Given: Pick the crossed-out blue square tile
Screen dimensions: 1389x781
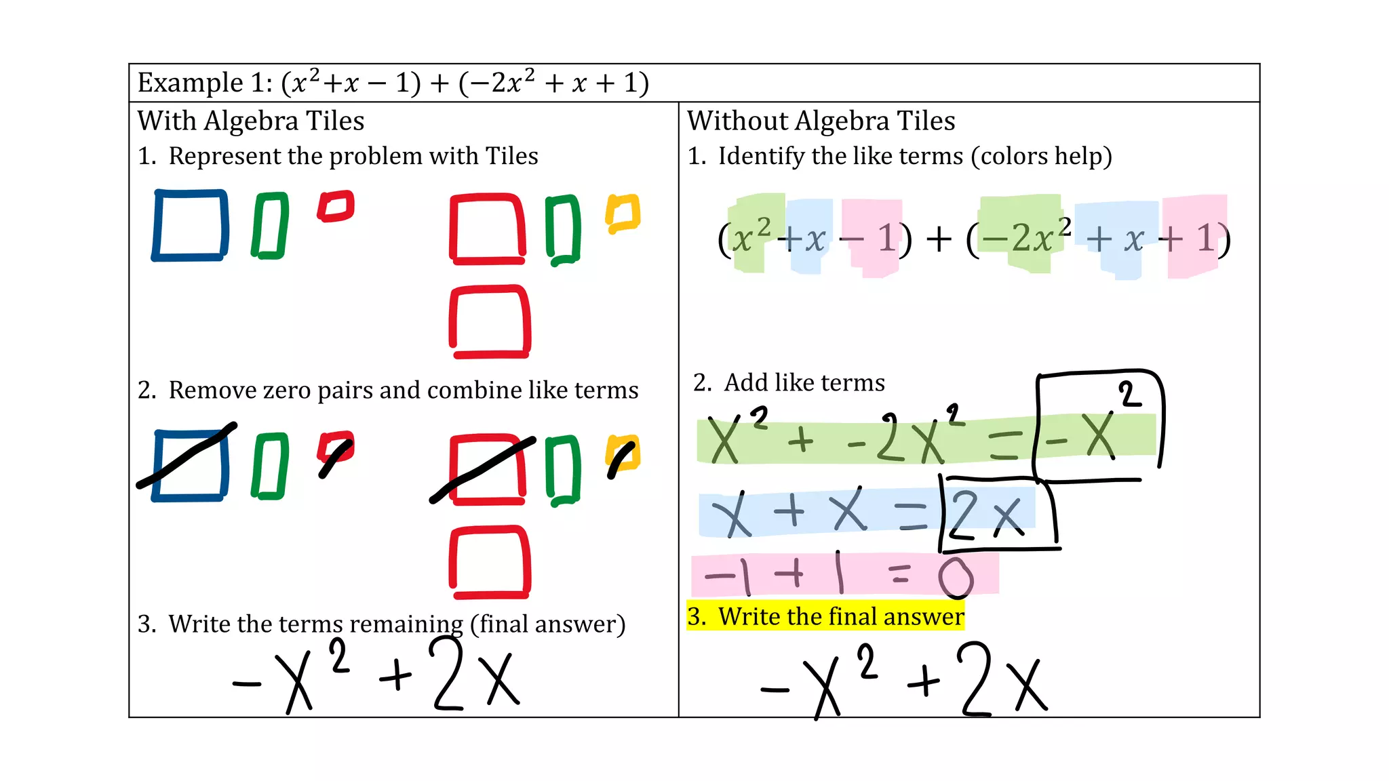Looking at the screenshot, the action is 190,465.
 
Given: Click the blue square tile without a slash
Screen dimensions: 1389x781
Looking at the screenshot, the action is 190,225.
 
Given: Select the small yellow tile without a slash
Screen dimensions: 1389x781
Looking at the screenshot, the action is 623,213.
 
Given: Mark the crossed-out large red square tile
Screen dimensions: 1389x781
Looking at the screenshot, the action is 487,469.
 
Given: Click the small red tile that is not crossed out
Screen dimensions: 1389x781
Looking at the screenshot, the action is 336,206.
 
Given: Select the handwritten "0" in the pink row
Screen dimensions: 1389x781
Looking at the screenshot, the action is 956,578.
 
